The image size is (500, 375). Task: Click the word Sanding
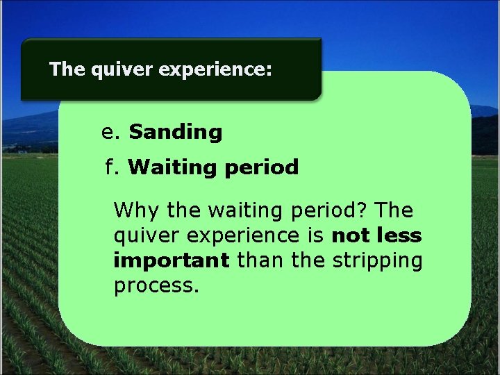176,132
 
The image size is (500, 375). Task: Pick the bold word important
171,261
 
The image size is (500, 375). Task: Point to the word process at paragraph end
156,286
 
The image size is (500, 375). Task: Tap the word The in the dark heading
67,69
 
